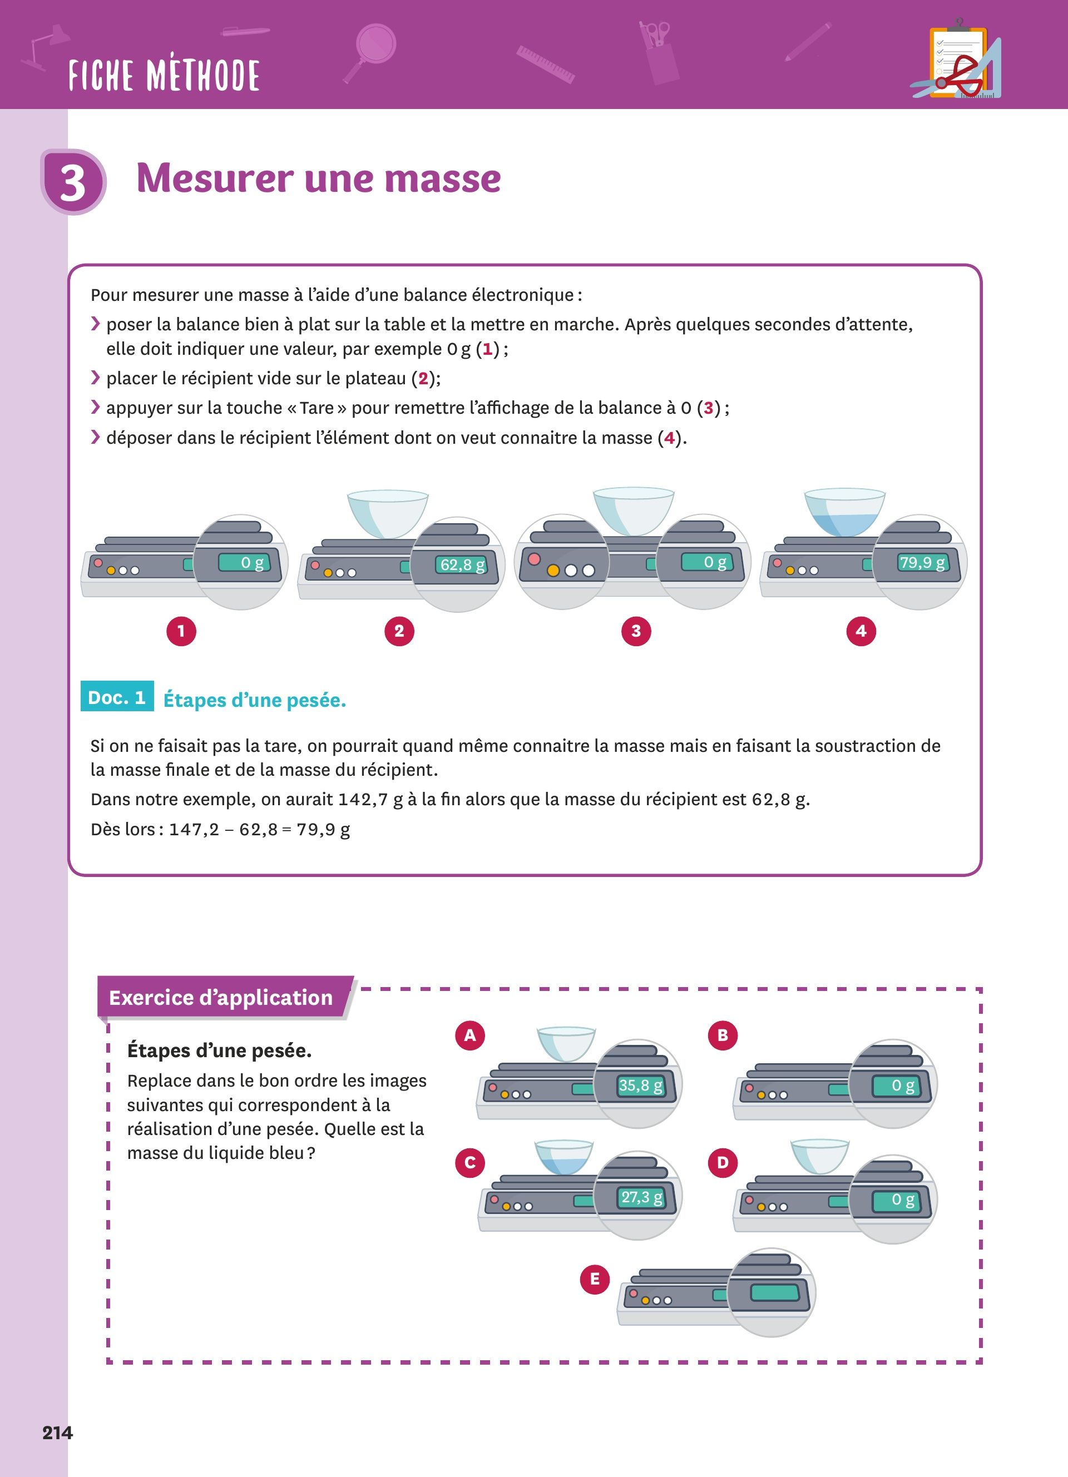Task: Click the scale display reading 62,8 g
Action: point(462,564)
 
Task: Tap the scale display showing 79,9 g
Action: point(922,563)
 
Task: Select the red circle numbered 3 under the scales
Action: point(636,631)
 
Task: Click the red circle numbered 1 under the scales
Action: point(181,631)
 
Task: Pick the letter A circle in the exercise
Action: point(469,1035)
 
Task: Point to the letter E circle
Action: point(595,1279)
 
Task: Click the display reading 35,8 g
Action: point(641,1086)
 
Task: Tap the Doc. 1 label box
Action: point(117,697)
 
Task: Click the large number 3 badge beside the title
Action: point(73,182)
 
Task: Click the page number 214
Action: point(57,1433)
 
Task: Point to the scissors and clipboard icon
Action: point(956,61)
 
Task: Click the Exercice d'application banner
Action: point(221,998)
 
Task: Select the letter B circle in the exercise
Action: point(722,1035)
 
